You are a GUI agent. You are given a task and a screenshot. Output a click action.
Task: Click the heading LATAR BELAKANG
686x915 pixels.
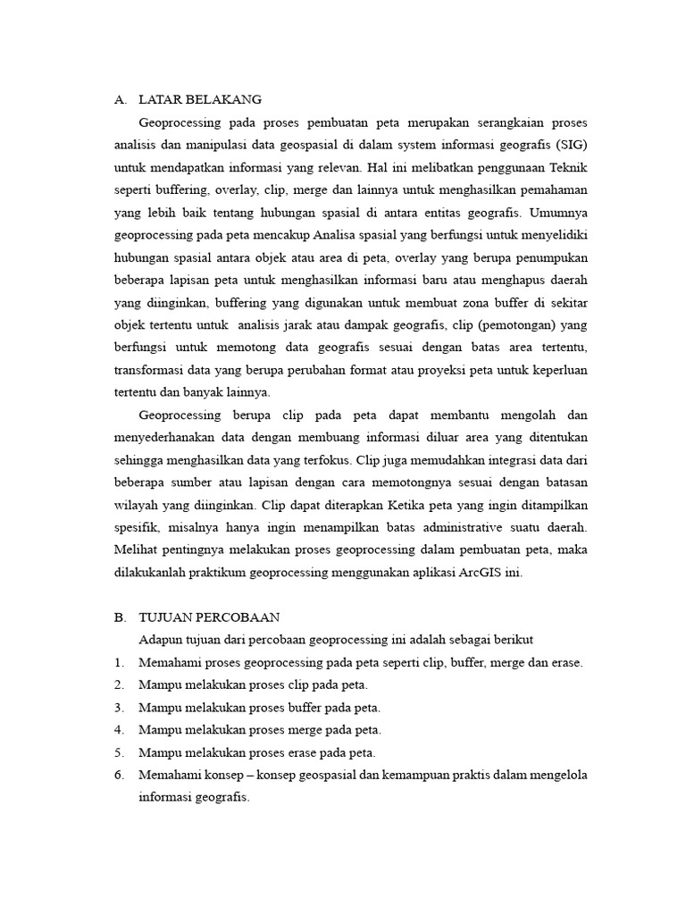coord(200,99)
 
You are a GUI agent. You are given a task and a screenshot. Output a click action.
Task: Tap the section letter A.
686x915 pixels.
coord(119,99)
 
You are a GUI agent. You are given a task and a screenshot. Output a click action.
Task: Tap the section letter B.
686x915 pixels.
coord(119,617)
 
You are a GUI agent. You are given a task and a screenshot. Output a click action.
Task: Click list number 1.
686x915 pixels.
coord(118,662)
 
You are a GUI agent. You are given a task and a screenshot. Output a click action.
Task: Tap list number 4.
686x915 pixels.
coord(118,729)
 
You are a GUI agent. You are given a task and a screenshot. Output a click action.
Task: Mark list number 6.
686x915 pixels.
coord(118,774)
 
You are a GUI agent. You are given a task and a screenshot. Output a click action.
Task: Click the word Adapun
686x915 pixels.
coord(162,640)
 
